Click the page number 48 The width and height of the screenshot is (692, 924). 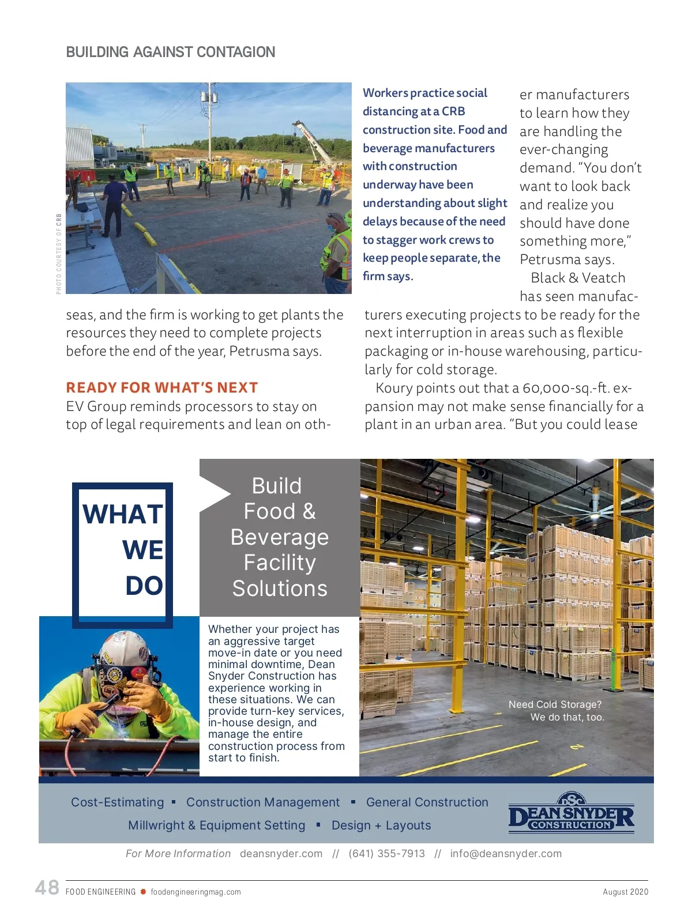pyautogui.click(x=47, y=887)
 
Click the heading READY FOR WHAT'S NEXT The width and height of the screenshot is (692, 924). pyautogui.click(x=162, y=388)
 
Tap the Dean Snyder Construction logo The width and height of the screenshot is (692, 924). pyautogui.click(x=571, y=814)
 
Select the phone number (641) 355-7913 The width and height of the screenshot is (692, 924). pyautogui.click(x=386, y=854)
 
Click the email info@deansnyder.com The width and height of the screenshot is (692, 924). pyautogui.click(x=506, y=854)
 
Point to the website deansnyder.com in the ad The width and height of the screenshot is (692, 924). pyautogui.click(x=281, y=854)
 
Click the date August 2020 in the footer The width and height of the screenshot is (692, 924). pyautogui.click(x=625, y=892)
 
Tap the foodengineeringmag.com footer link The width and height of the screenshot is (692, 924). pyautogui.click(x=195, y=892)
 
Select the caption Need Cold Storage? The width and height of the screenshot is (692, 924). pyautogui.click(x=555, y=704)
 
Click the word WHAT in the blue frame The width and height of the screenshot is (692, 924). pyautogui.click(x=123, y=514)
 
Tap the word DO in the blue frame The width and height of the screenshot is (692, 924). pyautogui.click(x=144, y=586)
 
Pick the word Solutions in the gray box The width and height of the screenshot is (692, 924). pyautogui.click(x=280, y=589)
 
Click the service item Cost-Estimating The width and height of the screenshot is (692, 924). pyautogui.click(x=118, y=802)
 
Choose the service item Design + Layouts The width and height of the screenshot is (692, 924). pyautogui.click(x=381, y=825)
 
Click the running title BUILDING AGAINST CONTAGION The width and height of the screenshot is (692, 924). pyautogui.click(x=171, y=52)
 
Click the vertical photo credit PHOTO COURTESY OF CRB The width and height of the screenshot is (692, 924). pyautogui.click(x=59, y=254)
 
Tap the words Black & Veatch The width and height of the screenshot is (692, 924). pyautogui.click(x=578, y=278)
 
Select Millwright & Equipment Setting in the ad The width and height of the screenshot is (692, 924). pyautogui.click(x=216, y=825)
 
